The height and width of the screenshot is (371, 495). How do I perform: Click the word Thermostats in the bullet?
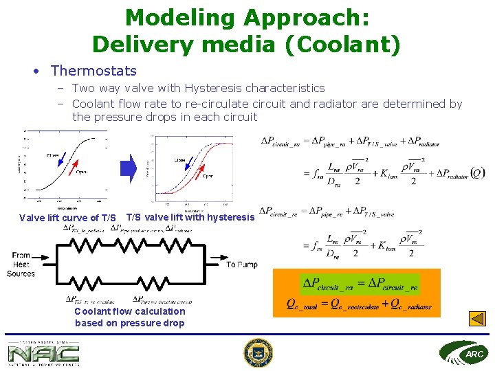pyautogui.click(x=93, y=71)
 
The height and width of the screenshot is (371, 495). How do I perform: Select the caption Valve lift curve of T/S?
pyautogui.click(x=67, y=218)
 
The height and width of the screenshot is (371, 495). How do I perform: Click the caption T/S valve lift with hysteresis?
pyautogui.click(x=190, y=217)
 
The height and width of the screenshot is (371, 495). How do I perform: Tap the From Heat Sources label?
pyautogui.click(x=21, y=265)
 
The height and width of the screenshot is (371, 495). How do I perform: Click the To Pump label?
pyautogui.click(x=242, y=265)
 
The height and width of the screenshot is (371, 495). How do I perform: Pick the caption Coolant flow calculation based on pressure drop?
pyautogui.click(x=130, y=317)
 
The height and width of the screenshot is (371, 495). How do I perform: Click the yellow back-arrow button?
pyautogui.click(x=477, y=319)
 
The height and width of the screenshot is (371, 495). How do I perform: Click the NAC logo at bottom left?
pyautogui.click(x=43, y=353)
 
